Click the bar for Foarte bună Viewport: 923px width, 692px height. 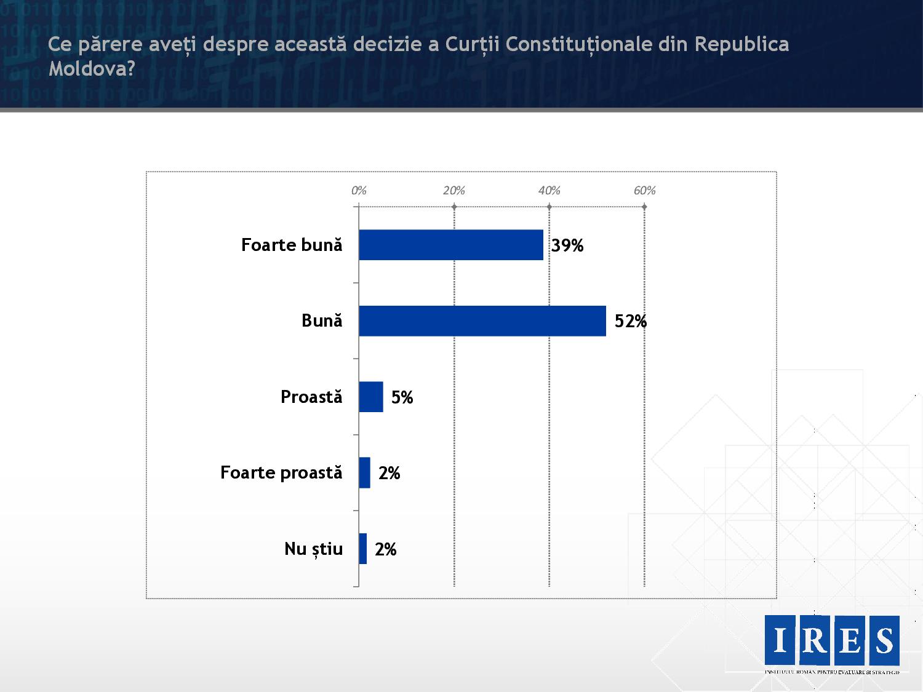click(451, 245)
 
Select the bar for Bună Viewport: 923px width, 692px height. click(482, 320)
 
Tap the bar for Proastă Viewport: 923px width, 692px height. click(371, 397)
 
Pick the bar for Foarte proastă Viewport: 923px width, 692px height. click(365, 472)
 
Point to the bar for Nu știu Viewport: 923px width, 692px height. click(363, 549)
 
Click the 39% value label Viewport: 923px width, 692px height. click(567, 245)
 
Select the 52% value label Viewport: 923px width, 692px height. click(631, 321)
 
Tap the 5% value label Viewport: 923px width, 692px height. click(402, 397)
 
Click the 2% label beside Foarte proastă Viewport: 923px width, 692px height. click(390, 473)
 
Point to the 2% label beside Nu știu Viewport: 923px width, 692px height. click(386, 549)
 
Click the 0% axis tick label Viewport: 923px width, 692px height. click(359, 191)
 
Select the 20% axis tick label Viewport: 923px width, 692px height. click(454, 191)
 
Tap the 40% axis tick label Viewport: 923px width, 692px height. click(549, 191)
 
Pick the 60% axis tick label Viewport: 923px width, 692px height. click(645, 191)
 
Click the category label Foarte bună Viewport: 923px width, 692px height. click(292, 245)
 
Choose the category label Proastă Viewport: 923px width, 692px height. click(311, 397)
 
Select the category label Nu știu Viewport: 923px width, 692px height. click(313, 549)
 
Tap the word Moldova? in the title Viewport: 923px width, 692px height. click(92, 68)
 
